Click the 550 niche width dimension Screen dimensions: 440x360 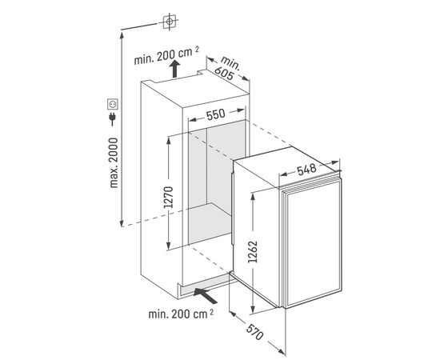coord(215,114)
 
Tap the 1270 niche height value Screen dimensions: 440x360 coord(169,197)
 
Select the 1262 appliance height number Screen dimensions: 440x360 coord(253,251)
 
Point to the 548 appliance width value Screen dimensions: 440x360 coord(306,170)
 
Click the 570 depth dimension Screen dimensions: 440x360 coord(254,331)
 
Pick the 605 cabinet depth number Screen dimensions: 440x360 coord(224,74)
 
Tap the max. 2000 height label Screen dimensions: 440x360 coord(114,162)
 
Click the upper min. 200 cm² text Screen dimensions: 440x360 coord(166,56)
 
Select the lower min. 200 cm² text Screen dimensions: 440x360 coord(181,314)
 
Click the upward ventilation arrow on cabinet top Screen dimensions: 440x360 coord(175,69)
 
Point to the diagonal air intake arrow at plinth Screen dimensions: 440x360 coord(206,295)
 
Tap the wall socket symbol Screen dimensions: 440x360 coord(113,104)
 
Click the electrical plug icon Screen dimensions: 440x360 coord(112,118)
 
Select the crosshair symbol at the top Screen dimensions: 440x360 coord(170,22)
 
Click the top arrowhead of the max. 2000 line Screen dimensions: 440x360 coord(122,34)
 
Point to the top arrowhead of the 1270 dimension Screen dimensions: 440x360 coord(168,140)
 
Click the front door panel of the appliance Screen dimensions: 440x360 coord(314,243)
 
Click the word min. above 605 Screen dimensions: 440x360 coord(230,63)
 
